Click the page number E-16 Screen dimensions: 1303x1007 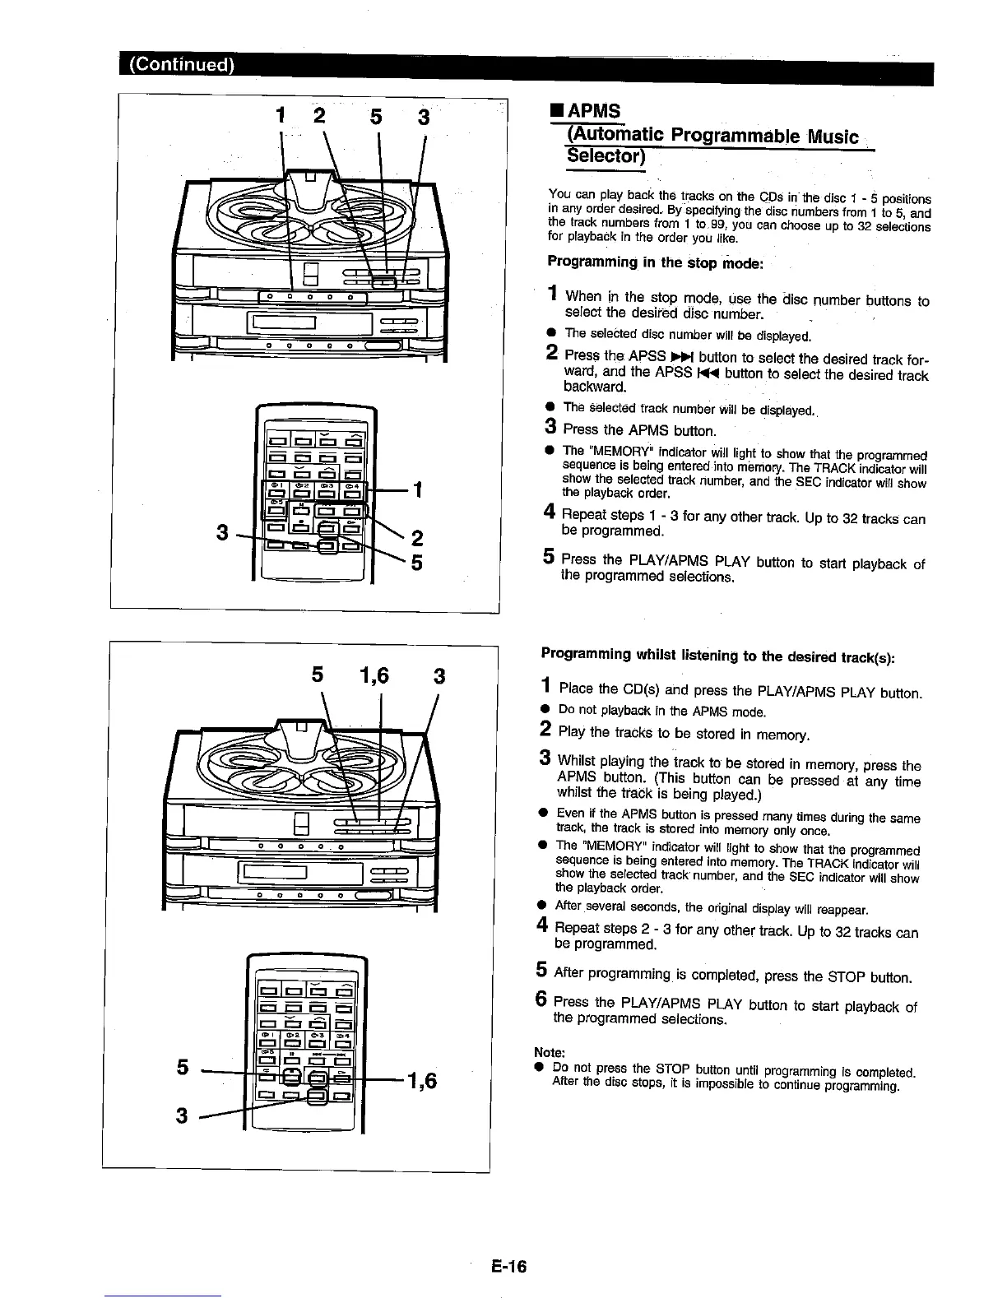coord(510,1266)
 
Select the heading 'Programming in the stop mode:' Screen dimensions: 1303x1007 coord(656,262)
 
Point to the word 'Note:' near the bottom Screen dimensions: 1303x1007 coord(549,1053)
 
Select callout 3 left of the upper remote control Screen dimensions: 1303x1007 coord(221,532)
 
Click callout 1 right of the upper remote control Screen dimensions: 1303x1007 coord(417,489)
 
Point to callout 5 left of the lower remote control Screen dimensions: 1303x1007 coord(183,1067)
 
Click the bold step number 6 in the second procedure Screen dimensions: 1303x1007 coord(541,1000)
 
